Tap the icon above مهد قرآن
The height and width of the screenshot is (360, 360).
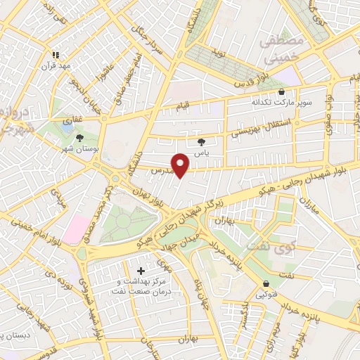coord(55,54)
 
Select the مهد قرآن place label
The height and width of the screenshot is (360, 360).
coord(56,65)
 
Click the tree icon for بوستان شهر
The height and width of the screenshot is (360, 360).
coord(79,138)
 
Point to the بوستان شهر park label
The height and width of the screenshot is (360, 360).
coord(79,150)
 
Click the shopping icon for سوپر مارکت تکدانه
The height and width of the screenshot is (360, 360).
coord(282,92)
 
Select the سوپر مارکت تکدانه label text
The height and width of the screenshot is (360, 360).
coord(281,103)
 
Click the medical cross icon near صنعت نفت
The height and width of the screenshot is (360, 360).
coord(141,270)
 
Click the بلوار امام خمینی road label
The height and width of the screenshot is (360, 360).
coord(33,229)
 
